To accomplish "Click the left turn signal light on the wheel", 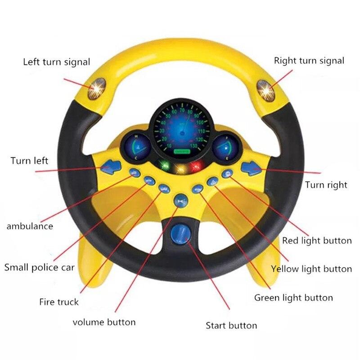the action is click(x=97, y=89).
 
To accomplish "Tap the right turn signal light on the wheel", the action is click(x=265, y=90).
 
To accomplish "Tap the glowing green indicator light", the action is click(x=164, y=165).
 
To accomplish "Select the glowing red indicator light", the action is click(x=196, y=165).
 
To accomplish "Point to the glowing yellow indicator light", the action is click(x=181, y=169).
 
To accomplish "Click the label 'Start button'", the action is click(x=231, y=325).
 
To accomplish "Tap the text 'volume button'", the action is click(x=104, y=322).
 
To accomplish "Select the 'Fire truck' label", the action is click(x=59, y=301).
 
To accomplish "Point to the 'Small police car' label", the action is click(x=40, y=268).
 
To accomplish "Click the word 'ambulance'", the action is click(x=30, y=226).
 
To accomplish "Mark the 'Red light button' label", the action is click(x=317, y=241).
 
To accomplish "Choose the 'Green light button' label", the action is click(x=293, y=298).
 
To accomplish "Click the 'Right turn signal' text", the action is click(x=309, y=61).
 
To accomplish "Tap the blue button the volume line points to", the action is click(x=181, y=200).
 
